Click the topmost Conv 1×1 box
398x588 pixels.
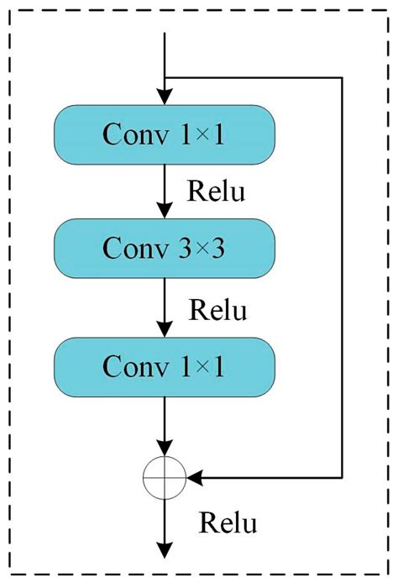click(x=165, y=134)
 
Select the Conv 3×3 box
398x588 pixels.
click(x=165, y=249)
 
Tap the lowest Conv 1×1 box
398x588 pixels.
click(x=165, y=365)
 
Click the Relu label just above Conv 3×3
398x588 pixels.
click(x=216, y=192)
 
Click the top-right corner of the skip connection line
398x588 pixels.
click(x=343, y=78)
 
